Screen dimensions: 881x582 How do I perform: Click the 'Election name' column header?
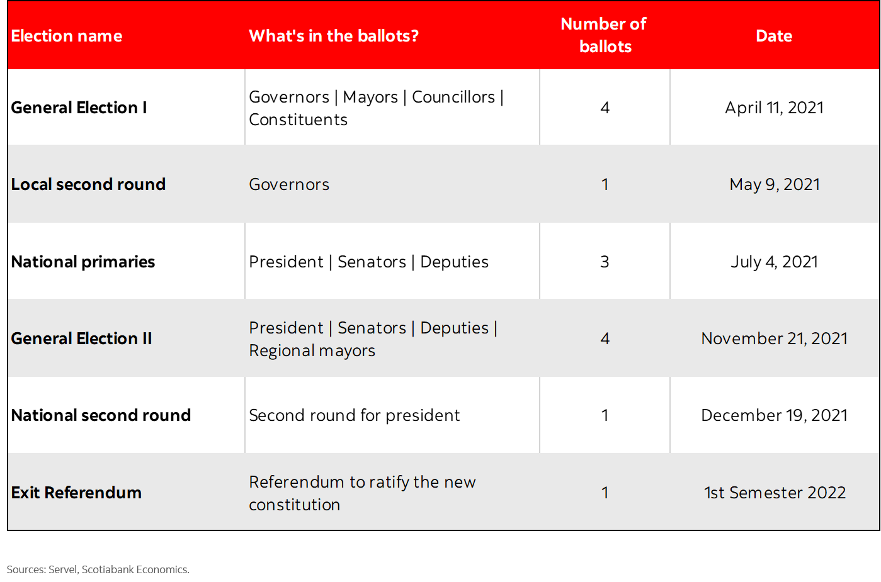67,36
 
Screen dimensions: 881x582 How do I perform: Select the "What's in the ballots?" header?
334,36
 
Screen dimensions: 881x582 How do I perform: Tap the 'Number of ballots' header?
605,35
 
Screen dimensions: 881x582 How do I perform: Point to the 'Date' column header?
773,36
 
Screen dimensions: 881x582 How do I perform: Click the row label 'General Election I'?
79,108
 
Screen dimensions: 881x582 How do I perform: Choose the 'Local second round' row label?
88,184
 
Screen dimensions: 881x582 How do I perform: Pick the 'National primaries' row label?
83,262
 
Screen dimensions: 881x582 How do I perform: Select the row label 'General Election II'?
81,339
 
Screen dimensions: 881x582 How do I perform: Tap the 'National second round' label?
101,415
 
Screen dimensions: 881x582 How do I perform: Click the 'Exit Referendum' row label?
76,493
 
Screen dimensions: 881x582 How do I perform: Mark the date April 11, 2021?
774,108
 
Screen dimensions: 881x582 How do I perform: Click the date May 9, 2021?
774,184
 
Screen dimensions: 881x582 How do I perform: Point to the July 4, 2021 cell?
774,262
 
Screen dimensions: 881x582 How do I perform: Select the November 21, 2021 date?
774,339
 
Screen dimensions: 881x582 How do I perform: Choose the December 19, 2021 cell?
774,415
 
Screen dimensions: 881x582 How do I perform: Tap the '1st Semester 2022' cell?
775,493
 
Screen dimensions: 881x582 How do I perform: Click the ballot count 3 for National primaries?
605,262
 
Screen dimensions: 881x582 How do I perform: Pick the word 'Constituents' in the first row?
298,120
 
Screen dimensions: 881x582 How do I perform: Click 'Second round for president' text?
355,415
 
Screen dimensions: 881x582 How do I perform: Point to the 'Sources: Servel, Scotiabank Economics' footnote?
98,569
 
